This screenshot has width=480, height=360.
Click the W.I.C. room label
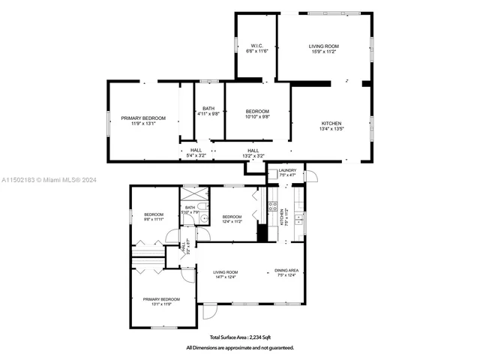tap(255, 49)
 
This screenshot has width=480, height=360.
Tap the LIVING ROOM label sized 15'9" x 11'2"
tap(324, 49)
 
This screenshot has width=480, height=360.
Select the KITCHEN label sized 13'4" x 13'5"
tap(331, 126)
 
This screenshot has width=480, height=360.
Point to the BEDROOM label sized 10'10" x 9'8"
tap(257, 114)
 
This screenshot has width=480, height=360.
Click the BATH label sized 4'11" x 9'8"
tap(208, 111)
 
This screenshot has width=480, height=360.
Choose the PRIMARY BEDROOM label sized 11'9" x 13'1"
tap(143, 121)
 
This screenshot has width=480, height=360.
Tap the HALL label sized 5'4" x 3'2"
tap(196, 153)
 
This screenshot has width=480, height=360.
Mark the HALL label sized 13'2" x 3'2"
tap(253, 153)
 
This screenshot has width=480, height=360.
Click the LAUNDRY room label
tap(287, 172)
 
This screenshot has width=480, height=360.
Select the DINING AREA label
tap(287, 273)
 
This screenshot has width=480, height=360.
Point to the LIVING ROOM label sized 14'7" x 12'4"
tap(225, 274)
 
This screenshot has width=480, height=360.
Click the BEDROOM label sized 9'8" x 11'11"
tap(153, 217)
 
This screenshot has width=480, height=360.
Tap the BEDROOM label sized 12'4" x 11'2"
tap(231, 219)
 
